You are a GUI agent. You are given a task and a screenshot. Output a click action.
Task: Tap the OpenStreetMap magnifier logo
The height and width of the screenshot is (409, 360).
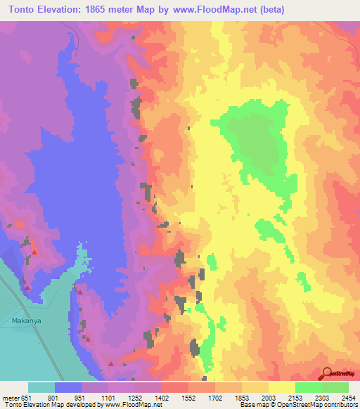[328, 373]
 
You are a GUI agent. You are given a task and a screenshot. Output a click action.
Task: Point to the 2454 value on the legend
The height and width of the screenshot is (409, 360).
[348, 397]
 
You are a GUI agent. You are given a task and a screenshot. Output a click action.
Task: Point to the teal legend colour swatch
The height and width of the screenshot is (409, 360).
[41, 387]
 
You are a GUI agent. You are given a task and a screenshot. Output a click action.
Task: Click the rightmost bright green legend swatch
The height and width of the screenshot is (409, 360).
[335, 387]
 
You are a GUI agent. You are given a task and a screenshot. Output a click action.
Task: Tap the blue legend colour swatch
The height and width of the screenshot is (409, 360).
[68, 387]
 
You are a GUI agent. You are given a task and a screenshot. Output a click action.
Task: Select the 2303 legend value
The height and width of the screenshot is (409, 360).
[321, 397]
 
